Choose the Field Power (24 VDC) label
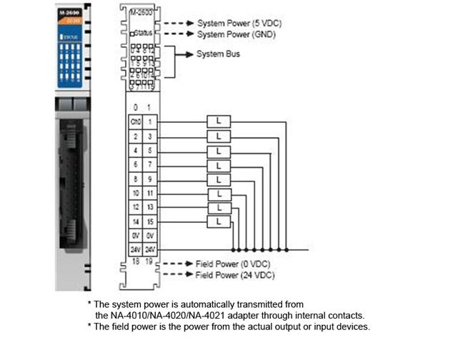pos(235,274)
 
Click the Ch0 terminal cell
pos(135,121)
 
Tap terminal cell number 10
pos(135,194)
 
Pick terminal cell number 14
pos(135,223)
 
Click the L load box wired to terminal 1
pos(219,121)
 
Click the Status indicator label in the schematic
pos(143,33)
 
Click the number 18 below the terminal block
pos(135,264)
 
